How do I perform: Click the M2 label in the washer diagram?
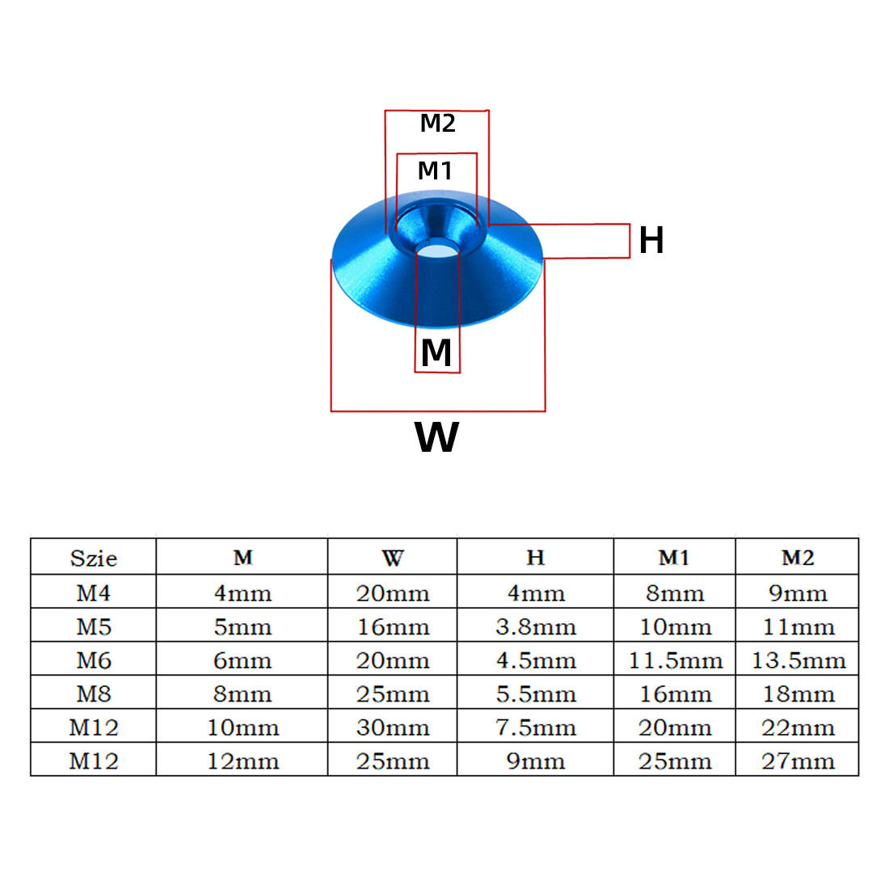[x=437, y=124]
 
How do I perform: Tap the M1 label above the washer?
[x=435, y=171]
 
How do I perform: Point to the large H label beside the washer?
[x=651, y=240]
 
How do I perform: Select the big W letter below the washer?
[x=436, y=437]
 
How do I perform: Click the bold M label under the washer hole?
[x=436, y=352]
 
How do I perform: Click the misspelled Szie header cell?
[x=94, y=558]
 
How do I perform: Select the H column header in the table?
[x=535, y=558]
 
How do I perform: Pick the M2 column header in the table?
[x=797, y=558]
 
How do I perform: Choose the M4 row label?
[x=94, y=593]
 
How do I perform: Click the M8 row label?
[x=94, y=694]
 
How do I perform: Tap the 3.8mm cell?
[x=535, y=627]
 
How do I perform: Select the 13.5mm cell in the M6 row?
[x=798, y=661]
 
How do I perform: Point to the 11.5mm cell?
[x=675, y=661]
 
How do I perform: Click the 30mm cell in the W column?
[x=393, y=728]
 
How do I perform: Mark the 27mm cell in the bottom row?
[x=798, y=761]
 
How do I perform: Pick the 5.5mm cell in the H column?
[x=535, y=694]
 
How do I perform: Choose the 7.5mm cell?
[x=535, y=728]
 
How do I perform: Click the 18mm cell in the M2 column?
[x=798, y=694]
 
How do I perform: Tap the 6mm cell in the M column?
[x=242, y=661]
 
